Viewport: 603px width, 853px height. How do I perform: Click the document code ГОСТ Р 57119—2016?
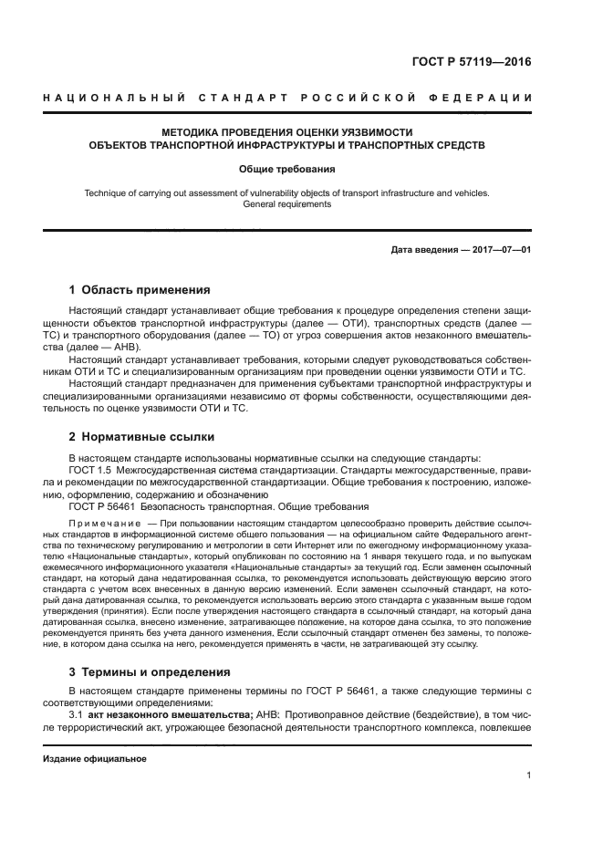[471, 63]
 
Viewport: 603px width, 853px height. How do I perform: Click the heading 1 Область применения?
[140, 290]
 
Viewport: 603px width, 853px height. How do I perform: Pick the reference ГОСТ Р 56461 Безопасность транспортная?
[219, 506]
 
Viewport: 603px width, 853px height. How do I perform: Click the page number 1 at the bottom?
[528, 775]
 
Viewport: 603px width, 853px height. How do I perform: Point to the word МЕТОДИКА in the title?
[192, 131]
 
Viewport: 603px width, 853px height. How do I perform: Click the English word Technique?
[107, 192]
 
